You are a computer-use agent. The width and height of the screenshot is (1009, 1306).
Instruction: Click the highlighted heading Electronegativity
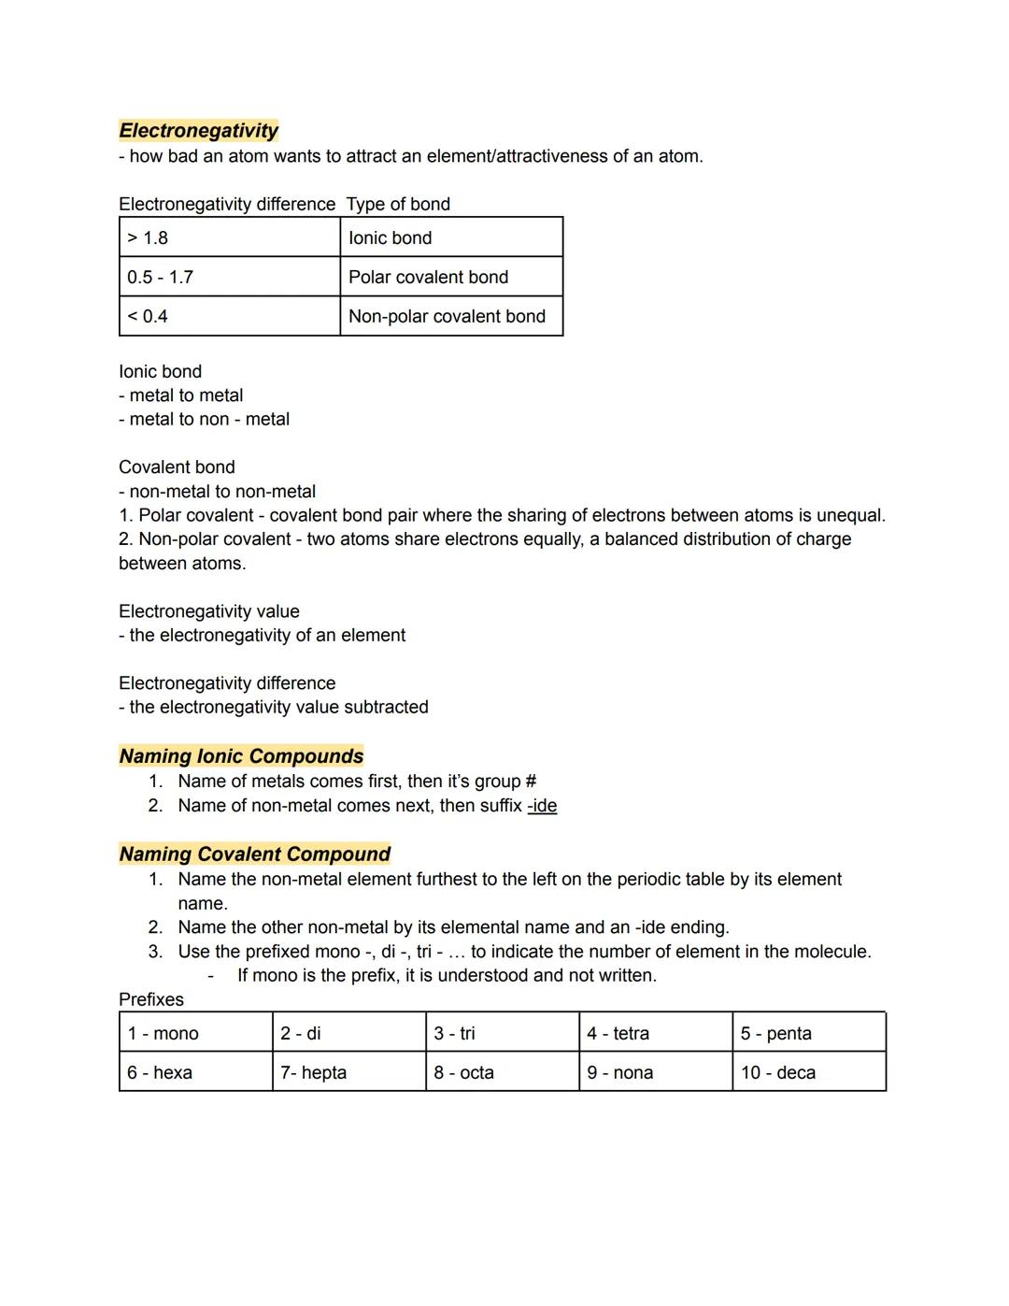(x=198, y=131)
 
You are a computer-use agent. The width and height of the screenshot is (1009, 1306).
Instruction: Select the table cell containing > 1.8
(x=229, y=237)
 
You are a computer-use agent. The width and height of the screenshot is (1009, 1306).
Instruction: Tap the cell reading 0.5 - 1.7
(x=229, y=277)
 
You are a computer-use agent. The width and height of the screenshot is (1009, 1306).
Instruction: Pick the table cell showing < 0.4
(x=229, y=316)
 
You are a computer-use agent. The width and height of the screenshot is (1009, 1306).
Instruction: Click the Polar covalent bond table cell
(x=450, y=277)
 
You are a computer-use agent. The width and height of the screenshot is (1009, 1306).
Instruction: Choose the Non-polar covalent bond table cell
(x=450, y=316)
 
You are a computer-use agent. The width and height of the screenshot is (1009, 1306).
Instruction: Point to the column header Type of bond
(x=398, y=204)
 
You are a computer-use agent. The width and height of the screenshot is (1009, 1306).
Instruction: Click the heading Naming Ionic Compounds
(x=241, y=756)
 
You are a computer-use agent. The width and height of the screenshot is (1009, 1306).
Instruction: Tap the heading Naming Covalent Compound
(x=254, y=854)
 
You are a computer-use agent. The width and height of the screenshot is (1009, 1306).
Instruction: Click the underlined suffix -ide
(x=542, y=806)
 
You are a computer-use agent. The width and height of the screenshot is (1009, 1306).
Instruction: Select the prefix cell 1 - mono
(x=195, y=1033)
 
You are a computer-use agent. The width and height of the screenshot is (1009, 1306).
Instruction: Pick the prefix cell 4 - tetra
(x=655, y=1033)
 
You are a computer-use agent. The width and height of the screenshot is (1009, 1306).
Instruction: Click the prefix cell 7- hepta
(x=348, y=1072)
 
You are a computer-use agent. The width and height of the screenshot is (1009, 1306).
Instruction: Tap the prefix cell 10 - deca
(x=808, y=1072)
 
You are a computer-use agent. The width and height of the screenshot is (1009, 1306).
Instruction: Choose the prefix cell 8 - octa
(x=502, y=1072)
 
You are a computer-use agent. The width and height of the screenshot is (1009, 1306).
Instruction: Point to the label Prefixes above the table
(x=151, y=999)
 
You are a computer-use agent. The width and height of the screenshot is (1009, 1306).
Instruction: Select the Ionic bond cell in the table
(x=450, y=237)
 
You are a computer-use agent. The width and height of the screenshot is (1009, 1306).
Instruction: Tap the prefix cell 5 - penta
(x=808, y=1033)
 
